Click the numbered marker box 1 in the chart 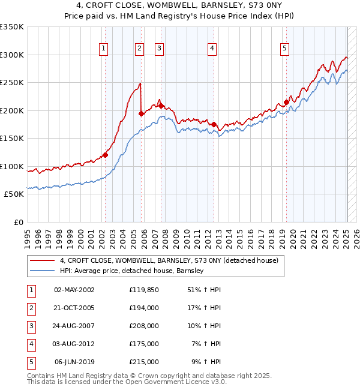point(104,49)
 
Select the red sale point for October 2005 point(141,113)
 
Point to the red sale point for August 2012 point(214,124)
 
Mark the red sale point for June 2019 point(286,102)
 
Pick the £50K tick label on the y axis point(14,194)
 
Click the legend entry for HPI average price point(132,271)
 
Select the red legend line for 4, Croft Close point(43,261)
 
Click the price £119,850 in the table point(143,289)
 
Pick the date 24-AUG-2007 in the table point(74,326)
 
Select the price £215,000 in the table point(143,362)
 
